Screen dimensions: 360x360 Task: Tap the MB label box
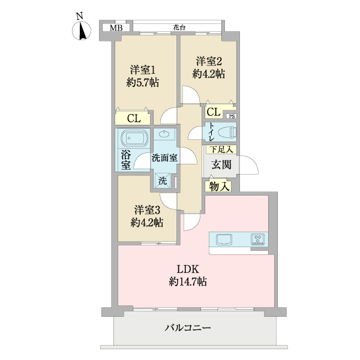pos(116,28)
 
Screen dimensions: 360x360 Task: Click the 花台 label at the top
pos(178,27)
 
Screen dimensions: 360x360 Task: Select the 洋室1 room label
pos(143,70)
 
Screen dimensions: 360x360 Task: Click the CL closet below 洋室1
pos(134,118)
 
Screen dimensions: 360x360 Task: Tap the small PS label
pos(231,116)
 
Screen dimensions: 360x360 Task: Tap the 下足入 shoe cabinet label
pos(221,149)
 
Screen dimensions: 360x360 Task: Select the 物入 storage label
pos(219,187)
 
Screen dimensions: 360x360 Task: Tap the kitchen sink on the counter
pos(223,239)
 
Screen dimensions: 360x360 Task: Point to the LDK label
pos(187,268)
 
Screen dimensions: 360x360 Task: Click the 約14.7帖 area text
pos(188,281)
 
